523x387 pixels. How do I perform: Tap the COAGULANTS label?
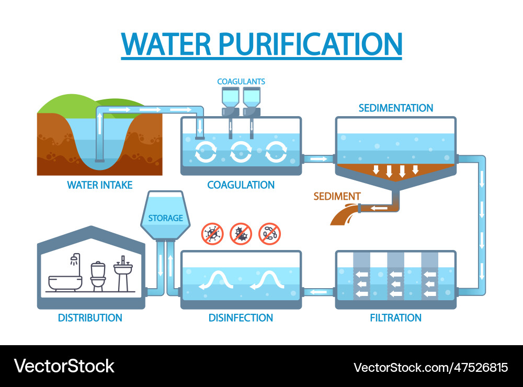241,82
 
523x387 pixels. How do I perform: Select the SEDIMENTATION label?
395,108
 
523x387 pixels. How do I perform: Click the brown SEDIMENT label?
337,197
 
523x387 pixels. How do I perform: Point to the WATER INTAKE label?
99,185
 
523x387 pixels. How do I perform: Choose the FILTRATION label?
395,317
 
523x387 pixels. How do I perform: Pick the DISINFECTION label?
241,317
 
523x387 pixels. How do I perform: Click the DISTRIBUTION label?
90,317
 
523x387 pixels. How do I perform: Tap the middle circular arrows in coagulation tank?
241,152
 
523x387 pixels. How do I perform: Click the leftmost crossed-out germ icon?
213,233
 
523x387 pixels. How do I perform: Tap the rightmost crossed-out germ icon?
270,233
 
